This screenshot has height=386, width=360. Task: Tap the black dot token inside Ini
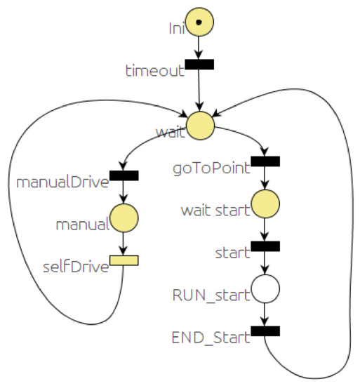pyautogui.click(x=199, y=22)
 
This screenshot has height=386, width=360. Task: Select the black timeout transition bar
pyautogui.click(x=199, y=65)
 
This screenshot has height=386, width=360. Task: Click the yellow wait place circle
pyautogui.click(x=199, y=124)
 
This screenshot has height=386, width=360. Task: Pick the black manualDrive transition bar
pyautogui.click(x=124, y=175)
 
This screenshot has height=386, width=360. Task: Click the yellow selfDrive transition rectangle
pyautogui.click(x=124, y=260)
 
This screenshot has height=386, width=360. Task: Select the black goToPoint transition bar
pyautogui.click(x=265, y=161)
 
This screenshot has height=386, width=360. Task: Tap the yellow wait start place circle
pyautogui.click(x=265, y=204)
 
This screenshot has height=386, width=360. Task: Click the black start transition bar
pyautogui.click(x=265, y=246)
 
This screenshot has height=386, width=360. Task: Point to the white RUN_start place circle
pyautogui.click(x=265, y=288)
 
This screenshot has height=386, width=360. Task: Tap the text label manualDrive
pyautogui.click(x=62, y=182)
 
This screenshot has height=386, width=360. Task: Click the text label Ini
pyautogui.click(x=177, y=29)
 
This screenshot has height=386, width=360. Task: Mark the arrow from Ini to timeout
pyautogui.click(x=199, y=48)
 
